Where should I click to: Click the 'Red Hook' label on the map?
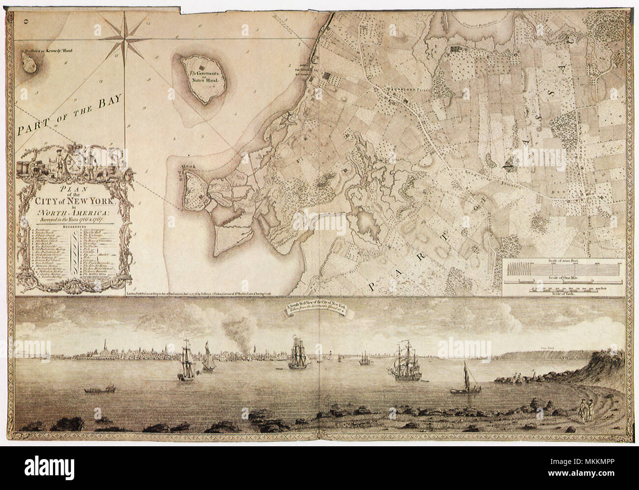coord(189,168)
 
